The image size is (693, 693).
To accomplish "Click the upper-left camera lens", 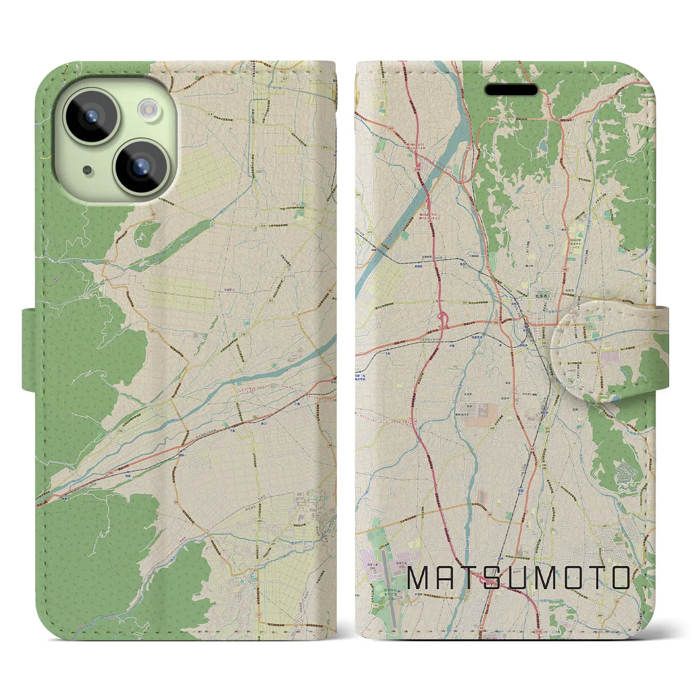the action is coord(90,116).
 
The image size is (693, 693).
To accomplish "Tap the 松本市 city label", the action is coord(528,297).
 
